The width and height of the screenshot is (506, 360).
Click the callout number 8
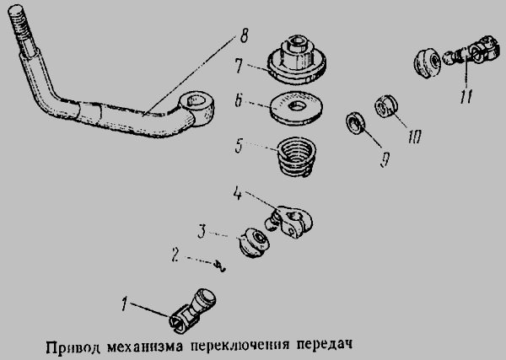point(245,35)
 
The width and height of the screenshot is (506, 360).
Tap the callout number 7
point(239,66)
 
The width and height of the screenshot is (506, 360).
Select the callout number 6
point(239,100)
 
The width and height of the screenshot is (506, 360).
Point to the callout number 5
point(239,147)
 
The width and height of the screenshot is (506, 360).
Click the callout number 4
point(237,194)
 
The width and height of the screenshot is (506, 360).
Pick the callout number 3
point(202,232)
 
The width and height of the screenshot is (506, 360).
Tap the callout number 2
point(175,255)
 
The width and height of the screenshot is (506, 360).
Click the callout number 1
point(124,304)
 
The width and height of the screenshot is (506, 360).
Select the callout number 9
point(385,160)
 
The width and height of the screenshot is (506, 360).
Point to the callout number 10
point(414,137)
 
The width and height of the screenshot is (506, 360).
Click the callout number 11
point(466,96)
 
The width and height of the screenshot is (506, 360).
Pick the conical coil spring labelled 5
point(297,157)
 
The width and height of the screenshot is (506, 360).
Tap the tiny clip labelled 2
point(220,266)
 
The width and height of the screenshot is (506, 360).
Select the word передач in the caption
point(324,345)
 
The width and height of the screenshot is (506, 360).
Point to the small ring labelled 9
point(356,123)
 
